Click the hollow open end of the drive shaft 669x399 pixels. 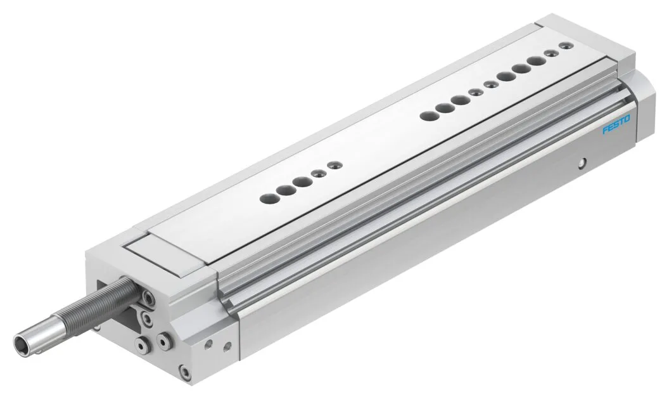tap(23, 342)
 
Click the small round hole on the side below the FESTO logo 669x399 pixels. tap(581, 162)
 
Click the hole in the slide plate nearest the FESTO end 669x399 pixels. tap(566, 45)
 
